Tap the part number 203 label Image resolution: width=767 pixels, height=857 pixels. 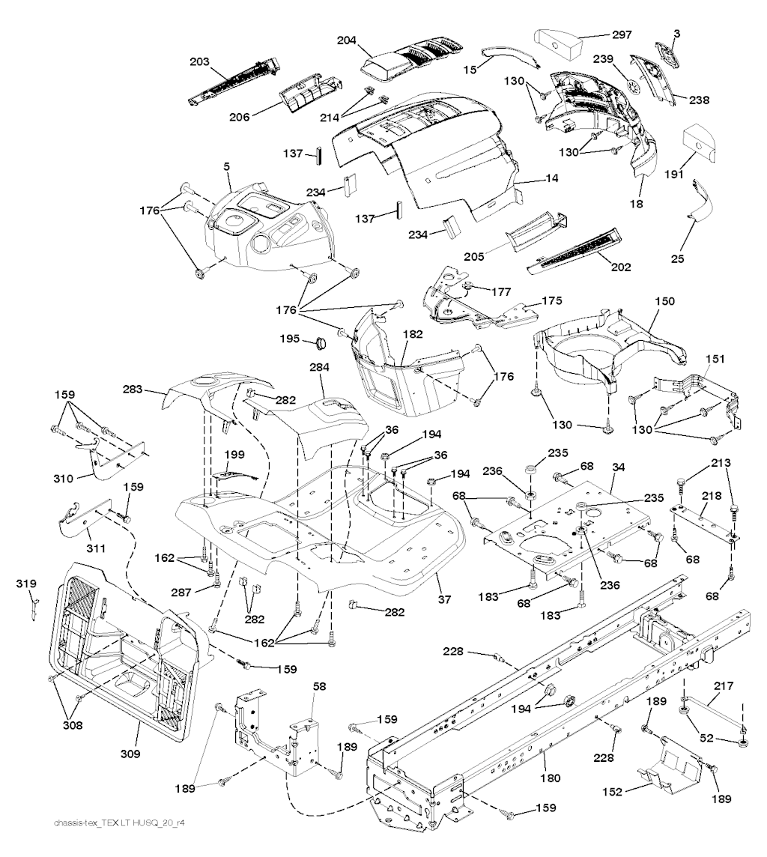pyautogui.click(x=200, y=61)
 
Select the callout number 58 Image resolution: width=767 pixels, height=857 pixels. pyautogui.click(x=318, y=685)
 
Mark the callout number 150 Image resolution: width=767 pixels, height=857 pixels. pyautogui.click(x=664, y=301)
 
